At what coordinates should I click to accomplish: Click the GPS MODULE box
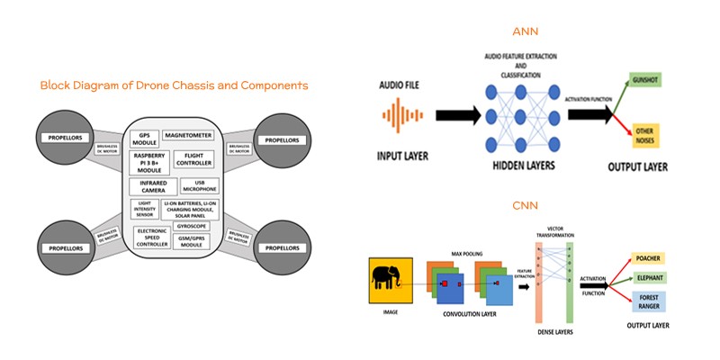[145, 139]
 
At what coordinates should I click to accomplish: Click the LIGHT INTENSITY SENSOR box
[145, 210]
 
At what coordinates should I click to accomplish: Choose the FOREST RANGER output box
[651, 304]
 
